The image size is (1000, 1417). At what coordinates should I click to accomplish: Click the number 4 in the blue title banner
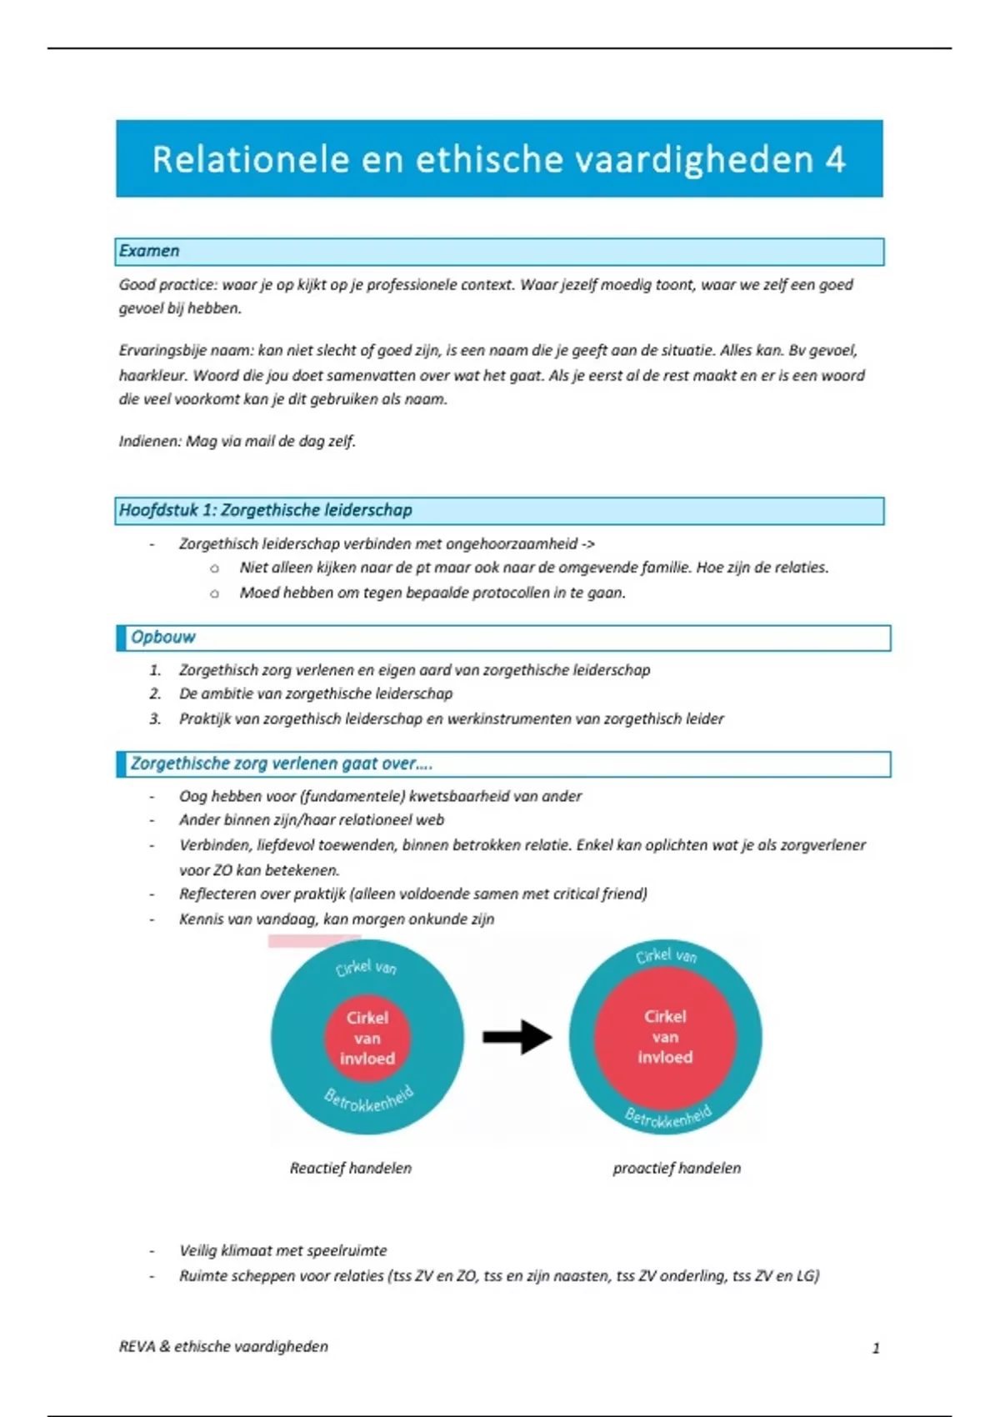click(836, 159)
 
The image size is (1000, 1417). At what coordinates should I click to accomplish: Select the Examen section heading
click(149, 251)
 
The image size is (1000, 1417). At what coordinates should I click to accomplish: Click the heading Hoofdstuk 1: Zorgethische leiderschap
click(265, 510)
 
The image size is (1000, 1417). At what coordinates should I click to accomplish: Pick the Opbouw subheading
click(162, 637)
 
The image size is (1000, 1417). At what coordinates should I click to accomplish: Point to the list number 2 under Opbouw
click(155, 693)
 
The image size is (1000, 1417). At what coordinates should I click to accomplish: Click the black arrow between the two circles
click(517, 1037)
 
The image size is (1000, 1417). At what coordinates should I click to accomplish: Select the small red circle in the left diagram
click(367, 1038)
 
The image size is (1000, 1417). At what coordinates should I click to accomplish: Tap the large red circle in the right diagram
click(665, 1037)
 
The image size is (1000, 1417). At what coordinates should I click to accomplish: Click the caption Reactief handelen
click(350, 1168)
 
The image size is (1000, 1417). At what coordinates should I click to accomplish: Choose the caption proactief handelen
click(677, 1168)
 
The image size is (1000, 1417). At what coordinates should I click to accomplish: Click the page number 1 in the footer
click(876, 1348)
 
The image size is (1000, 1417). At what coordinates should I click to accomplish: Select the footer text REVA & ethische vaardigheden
click(223, 1346)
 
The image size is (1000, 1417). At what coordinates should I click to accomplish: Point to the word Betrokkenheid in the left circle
click(368, 1100)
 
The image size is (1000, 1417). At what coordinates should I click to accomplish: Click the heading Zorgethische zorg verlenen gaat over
click(281, 764)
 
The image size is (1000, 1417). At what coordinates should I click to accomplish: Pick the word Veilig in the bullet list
click(197, 1250)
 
